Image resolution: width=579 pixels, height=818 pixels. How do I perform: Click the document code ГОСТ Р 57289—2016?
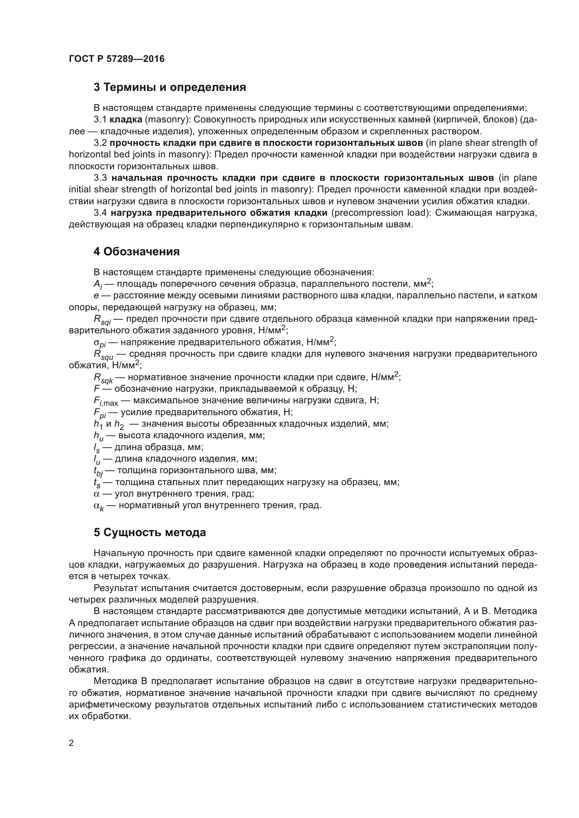(x=117, y=59)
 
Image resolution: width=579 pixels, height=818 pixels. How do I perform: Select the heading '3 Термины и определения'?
(x=170, y=87)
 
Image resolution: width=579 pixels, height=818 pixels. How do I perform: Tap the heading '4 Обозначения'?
(x=137, y=251)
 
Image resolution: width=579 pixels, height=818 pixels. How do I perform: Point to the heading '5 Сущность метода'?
(x=150, y=532)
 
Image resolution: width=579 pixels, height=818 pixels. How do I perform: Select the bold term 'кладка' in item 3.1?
(x=126, y=120)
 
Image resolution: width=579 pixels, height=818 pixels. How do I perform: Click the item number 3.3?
(x=100, y=178)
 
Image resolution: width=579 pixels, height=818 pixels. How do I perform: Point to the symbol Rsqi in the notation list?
(x=102, y=320)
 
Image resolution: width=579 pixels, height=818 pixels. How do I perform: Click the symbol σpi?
(x=99, y=343)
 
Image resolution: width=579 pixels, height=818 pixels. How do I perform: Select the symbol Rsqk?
(x=103, y=378)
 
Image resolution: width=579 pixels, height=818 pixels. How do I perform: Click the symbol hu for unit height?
(x=98, y=436)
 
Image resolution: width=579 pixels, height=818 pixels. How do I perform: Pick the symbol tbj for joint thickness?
(x=98, y=471)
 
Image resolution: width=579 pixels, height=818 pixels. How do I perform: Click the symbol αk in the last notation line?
(x=98, y=506)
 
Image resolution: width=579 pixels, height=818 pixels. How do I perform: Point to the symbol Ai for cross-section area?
(x=98, y=285)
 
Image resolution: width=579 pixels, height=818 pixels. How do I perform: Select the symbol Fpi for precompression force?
(x=100, y=413)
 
